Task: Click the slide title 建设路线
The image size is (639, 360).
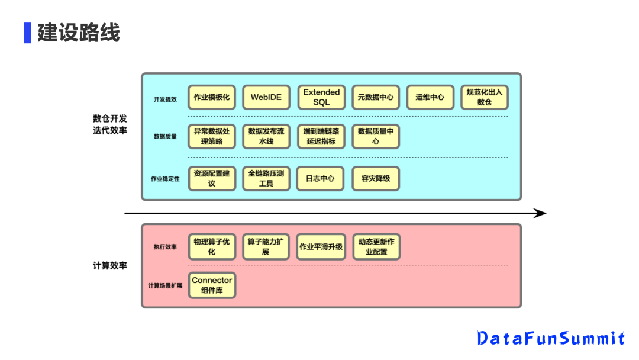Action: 78,33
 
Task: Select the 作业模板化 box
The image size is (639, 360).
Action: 212,97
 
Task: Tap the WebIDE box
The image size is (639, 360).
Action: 266,97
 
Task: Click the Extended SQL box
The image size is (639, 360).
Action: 321,97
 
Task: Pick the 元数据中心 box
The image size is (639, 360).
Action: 376,97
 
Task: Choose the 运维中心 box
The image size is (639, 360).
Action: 430,97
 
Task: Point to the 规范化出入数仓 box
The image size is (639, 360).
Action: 485,97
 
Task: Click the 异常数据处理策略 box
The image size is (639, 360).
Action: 212,136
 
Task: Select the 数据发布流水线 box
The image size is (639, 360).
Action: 266,136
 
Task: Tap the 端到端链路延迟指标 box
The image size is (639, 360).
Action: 321,136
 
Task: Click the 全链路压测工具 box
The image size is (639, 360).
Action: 266,178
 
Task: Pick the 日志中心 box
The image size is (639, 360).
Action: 321,178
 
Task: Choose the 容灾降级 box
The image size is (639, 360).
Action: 376,178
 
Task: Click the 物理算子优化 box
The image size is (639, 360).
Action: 212,247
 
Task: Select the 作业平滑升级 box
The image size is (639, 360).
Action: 321,247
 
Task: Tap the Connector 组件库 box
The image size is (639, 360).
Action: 212,285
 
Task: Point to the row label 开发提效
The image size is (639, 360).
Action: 165,99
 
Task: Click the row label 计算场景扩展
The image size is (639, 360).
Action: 165,286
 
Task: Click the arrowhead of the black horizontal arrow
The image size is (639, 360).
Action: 540,213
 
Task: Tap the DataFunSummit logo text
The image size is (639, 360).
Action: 551,338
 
